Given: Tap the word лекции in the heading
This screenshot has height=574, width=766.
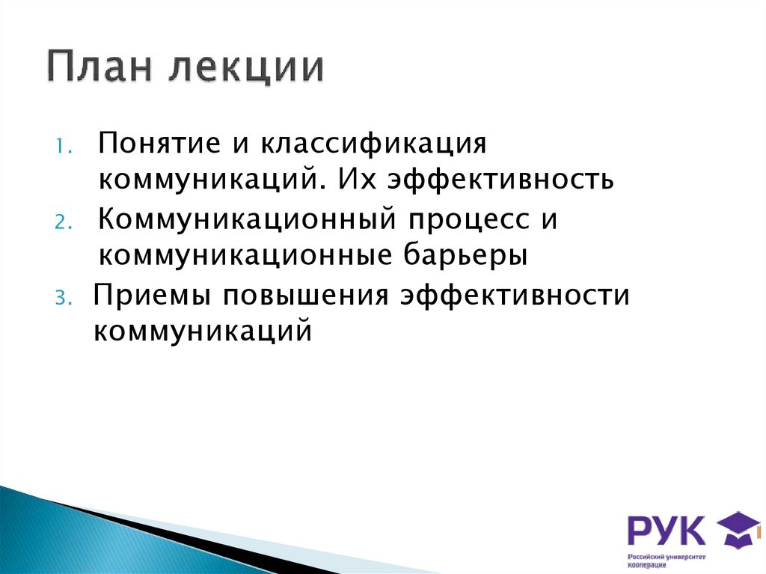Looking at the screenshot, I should (245, 69).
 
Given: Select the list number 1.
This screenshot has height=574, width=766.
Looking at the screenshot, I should (63, 146).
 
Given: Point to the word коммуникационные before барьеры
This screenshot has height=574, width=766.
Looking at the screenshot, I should (239, 256).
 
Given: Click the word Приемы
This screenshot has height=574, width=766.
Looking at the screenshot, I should (149, 296).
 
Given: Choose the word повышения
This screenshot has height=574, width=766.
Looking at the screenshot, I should (302, 296).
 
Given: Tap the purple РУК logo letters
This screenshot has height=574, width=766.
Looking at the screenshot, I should (666, 530).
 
